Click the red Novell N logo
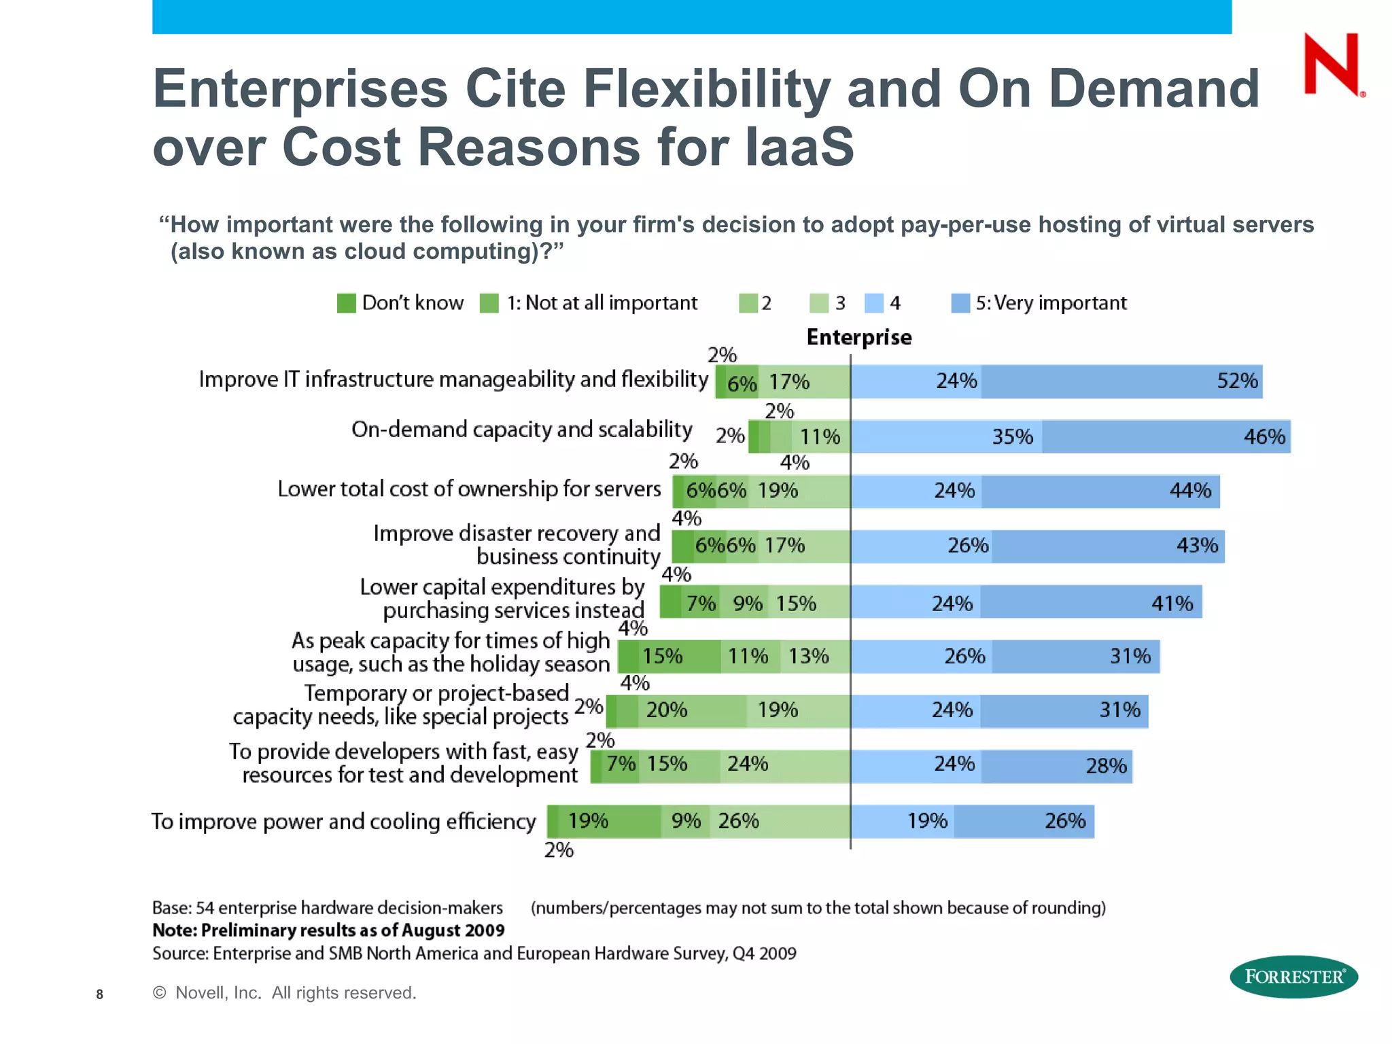1332,65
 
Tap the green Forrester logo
1293,977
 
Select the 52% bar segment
1121,381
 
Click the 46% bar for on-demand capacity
1166,436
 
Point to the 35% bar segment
946,436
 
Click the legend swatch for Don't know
347,303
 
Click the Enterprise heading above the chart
858,337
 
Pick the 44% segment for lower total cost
1100,491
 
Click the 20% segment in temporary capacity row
691,711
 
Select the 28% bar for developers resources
1057,766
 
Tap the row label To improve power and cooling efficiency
343,822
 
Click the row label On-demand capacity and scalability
521,430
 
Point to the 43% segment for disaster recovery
1108,546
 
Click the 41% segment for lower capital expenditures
1091,602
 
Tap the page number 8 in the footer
100,994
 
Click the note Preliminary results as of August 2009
328,930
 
